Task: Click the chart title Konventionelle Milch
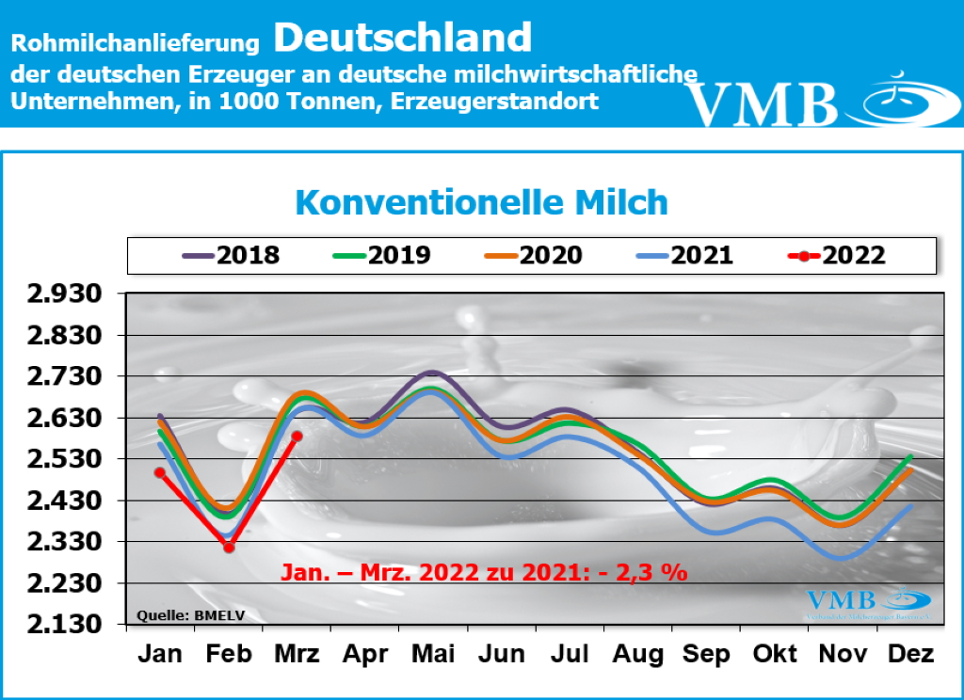pos(481,203)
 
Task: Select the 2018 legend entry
pos(231,256)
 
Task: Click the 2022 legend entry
pos(837,256)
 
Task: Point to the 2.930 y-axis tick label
pos(65,294)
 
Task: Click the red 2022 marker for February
pos(229,547)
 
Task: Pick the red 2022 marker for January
pos(160,472)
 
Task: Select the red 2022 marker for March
pos(297,436)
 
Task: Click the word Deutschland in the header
pos(403,38)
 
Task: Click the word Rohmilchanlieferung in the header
pos(136,43)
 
